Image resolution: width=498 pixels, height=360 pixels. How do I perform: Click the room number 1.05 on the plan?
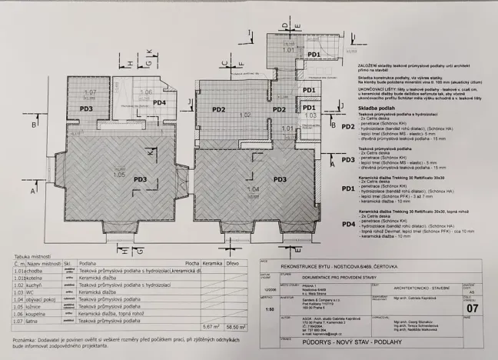(118, 175)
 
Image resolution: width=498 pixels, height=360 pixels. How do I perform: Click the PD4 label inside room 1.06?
(158, 102)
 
